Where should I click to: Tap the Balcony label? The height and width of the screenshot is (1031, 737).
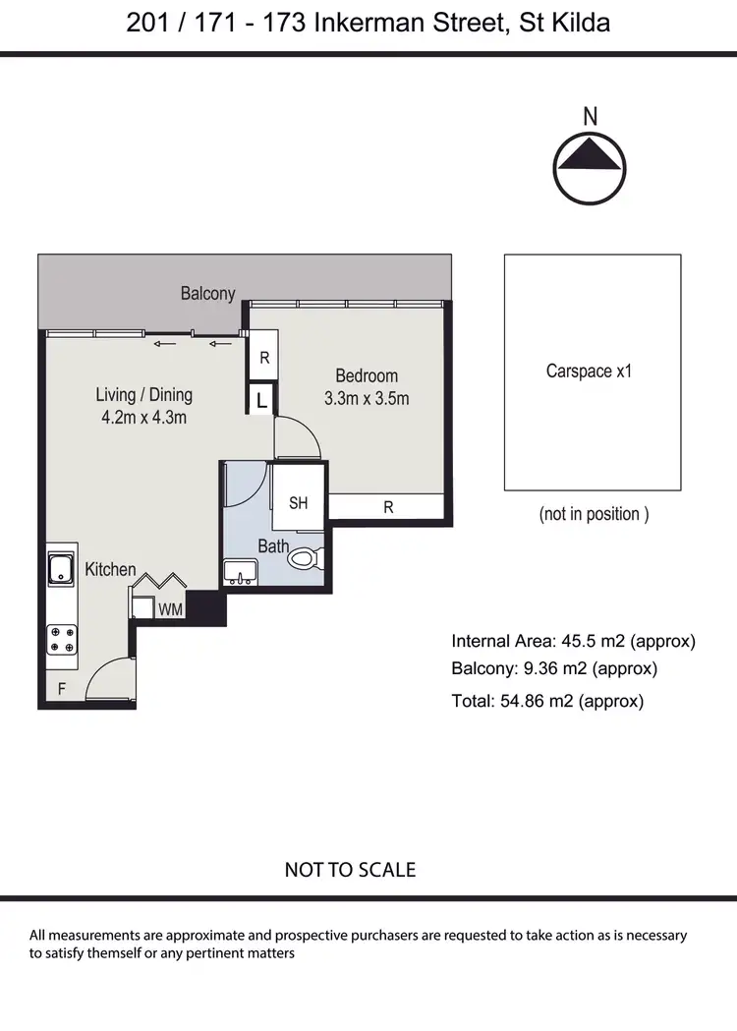point(207,293)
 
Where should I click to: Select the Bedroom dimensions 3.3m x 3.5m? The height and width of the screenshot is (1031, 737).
point(367,399)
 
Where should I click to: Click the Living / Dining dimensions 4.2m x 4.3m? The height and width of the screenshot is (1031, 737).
point(143,417)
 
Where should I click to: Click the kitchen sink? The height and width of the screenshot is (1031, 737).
point(60,568)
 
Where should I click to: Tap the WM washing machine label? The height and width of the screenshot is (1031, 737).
point(170,609)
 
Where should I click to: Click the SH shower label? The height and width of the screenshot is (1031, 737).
point(299,503)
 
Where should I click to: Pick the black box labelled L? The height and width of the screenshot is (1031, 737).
point(260,400)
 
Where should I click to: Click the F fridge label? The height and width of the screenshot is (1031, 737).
point(61,690)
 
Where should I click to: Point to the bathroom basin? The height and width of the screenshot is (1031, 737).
point(240,571)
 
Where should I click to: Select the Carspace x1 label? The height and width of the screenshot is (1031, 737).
point(589,372)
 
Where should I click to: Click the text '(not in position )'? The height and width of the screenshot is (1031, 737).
point(594,514)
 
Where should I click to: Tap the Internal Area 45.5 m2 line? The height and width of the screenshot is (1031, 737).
point(573,642)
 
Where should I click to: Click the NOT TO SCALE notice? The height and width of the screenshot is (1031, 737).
point(350,870)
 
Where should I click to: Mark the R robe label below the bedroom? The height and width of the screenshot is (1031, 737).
point(389,507)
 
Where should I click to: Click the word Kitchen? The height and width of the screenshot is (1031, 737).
point(110,569)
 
